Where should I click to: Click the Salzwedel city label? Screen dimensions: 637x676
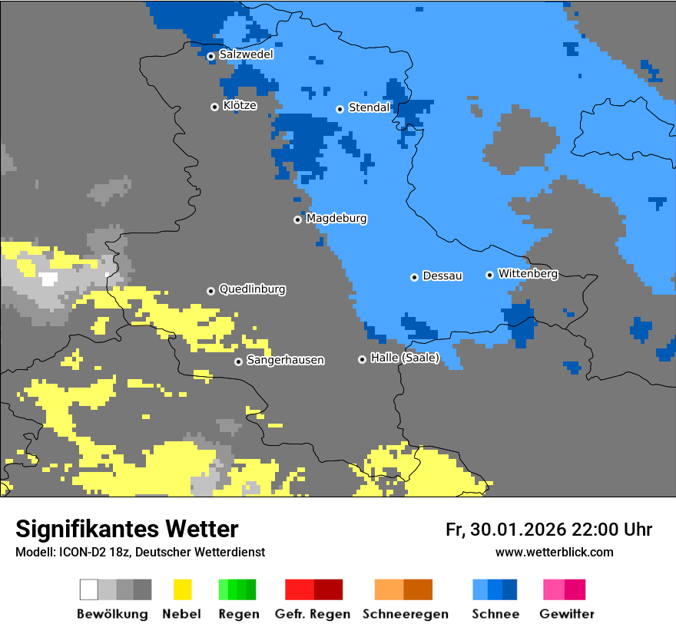pyautogui.click(x=246, y=54)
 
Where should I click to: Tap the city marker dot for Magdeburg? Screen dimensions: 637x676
pyautogui.click(x=297, y=219)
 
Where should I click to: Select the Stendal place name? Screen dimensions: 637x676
pyautogui.click(x=369, y=108)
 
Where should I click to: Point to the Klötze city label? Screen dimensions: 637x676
pyautogui.click(x=240, y=106)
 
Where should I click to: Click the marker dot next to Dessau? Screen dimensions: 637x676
pyautogui.click(x=414, y=277)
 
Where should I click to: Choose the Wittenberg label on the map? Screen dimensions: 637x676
pyautogui.click(x=528, y=274)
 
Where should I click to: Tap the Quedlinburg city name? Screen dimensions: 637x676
pyautogui.click(x=252, y=290)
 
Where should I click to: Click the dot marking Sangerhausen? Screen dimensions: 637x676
pyautogui.click(x=238, y=361)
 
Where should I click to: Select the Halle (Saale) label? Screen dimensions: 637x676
pyautogui.click(x=405, y=358)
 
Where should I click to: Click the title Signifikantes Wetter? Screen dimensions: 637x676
pyautogui.click(x=127, y=530)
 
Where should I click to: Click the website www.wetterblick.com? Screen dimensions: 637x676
pyautogui.click(x=554, y=553)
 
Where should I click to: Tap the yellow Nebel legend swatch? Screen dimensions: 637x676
pyautogui.click(x=182, y=589)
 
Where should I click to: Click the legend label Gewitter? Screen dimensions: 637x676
pyautogui.click(x=567, y=614)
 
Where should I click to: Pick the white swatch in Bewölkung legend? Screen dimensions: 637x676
pyautogui.click(x=89, y=589)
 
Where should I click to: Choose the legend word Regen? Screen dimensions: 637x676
pyautogui.click(x=237, y=614)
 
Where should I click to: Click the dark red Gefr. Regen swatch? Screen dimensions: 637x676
pyautogui.click(x=328, y=589)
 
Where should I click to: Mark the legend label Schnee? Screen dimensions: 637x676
pyautogui.click(x=495, y=614)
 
